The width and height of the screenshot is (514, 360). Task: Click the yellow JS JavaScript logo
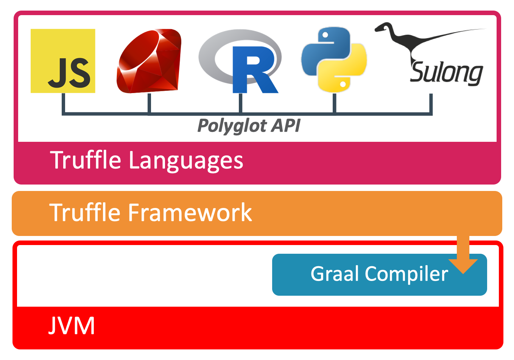[x=63, y=61]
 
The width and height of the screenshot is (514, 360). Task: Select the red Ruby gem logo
[x=149, y=61]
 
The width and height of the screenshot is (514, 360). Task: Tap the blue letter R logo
[x=253, y=70]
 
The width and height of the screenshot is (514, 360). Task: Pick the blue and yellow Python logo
[x=334, y=59]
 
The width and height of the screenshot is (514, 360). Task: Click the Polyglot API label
[x=249, y=126]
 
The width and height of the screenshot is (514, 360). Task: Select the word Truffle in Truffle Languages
[x=86, y=160]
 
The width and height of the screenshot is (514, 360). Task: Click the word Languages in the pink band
[x=186, y=161]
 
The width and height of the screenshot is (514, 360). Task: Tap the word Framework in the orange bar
[x=190, y=213]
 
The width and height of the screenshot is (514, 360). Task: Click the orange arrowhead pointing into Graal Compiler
[x=463, y=265]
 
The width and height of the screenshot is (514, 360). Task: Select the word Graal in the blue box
[x=335, y=274]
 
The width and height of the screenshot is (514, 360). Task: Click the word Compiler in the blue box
[x=406, y=274]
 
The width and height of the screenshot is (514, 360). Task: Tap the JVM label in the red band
[x=72, y=326]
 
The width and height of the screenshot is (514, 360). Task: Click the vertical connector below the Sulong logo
[x=431, y=103]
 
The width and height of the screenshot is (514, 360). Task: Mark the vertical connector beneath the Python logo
[x=334, y=103]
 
